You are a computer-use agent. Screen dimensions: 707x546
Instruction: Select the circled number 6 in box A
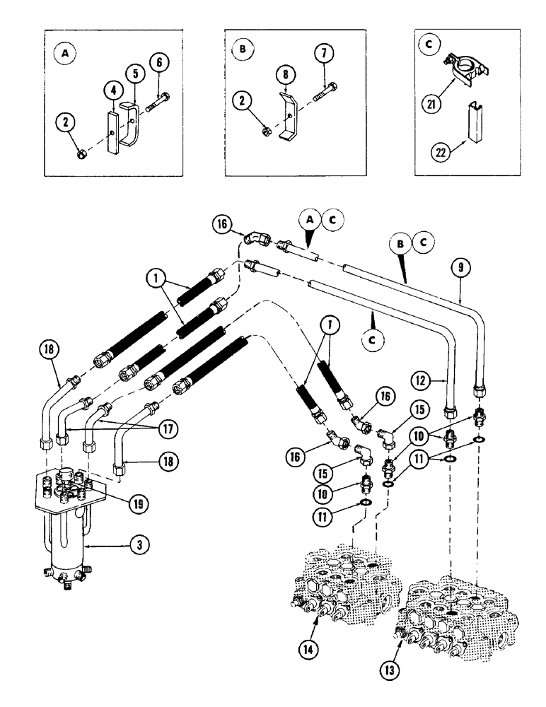click(161, 63)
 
